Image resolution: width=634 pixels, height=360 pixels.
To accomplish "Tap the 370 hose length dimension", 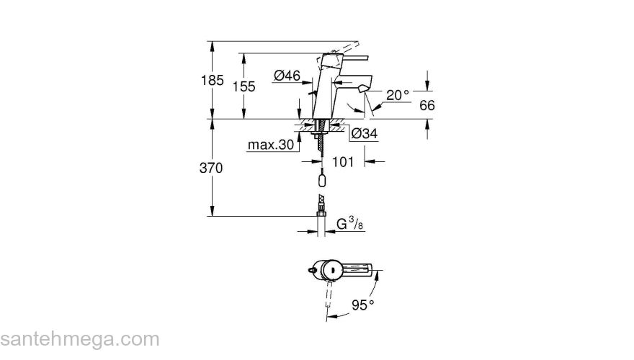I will click(212, 168).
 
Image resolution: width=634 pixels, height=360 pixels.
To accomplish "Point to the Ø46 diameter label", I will click(287, 74).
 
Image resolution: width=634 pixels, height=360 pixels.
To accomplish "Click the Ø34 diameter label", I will click(365, 133).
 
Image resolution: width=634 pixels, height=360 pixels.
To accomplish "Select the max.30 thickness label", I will click(271, 145).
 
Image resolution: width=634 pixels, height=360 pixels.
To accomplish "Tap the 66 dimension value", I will click(427, 105).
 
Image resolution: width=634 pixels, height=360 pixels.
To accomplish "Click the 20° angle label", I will click(397, 94).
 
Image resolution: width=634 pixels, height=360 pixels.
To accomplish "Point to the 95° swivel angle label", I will click(363, 305).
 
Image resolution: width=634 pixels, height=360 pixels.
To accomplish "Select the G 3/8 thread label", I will click(349, 224).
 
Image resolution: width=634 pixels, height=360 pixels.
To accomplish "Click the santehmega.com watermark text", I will click(79, 338).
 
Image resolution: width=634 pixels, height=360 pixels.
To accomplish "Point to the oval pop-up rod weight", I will click(321, 177).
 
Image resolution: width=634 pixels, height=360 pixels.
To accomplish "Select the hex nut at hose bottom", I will click(320, 213).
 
